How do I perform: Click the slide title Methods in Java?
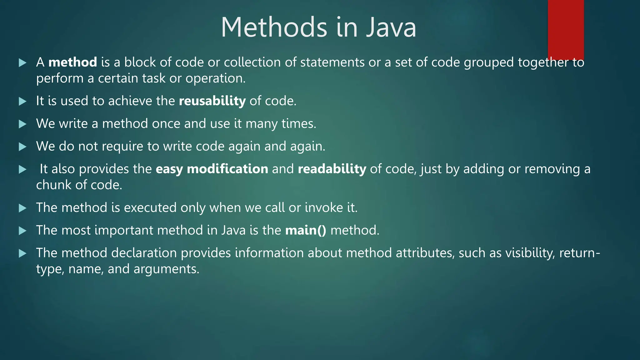coord(318,27)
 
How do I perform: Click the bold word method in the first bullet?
coord(72,62)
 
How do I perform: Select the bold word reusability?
coord(212,101)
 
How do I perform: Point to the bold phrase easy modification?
coord(212,169)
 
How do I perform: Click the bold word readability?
coord(332,169)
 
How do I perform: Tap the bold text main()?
coord(306,230)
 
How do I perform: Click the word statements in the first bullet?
coord(332,62)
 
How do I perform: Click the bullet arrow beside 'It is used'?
coord(22,101)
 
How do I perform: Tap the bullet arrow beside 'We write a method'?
coord(22,124)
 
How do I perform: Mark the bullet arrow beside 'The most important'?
coord(22,231)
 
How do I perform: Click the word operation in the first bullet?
coord(215,78)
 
